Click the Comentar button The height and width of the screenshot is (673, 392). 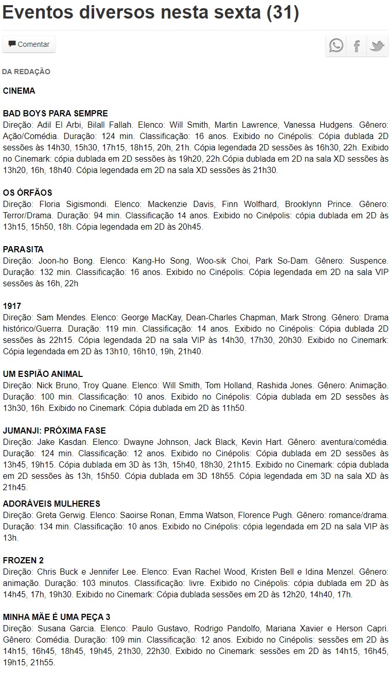tap(29, 44)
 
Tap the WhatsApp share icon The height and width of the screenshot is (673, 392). tap(336, 46)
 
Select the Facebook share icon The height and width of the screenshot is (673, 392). tap(357, 46)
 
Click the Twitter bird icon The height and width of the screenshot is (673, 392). tap(377, 46)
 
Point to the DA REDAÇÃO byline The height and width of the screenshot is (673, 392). tap(26, 72)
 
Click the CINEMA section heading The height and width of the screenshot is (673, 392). tap(19, 91)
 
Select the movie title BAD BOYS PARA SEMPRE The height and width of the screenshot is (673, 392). tap(56, 113)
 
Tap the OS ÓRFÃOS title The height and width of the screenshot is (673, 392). tap(28, 193)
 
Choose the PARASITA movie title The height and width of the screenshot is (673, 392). tap(23, 249)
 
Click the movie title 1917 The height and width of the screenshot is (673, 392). tap(12, 306)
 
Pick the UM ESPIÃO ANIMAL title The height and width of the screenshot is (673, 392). tap(43, 374)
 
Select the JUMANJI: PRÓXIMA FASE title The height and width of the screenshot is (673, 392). tap(55, 430)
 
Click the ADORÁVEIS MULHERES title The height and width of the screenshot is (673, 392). tap(51, 504)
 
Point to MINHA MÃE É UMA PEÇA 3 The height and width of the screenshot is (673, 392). tap(57, 617)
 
